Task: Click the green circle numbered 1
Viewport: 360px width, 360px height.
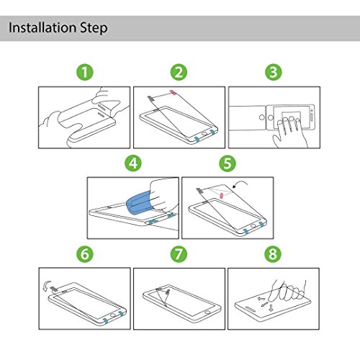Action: coord(85,72)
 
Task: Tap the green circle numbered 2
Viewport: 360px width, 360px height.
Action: coord(179,72)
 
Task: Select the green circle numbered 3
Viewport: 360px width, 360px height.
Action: coord(274,72)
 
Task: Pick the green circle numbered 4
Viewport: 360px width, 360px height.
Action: coord(133,163)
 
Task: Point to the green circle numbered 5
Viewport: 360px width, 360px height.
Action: coord(228,163)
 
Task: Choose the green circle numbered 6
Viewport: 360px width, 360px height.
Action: coord(85,254)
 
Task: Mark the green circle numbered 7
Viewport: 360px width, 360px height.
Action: coord(179,254)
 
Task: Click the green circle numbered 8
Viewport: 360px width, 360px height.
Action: coord(273,254)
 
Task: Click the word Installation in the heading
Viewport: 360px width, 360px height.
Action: coord(42,27)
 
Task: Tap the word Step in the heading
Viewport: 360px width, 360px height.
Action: coord(94,29)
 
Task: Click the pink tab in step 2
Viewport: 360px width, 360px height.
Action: coord(173,92)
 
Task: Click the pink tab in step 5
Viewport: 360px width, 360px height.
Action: coord(222,196)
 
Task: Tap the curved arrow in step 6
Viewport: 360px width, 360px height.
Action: coord(47,285)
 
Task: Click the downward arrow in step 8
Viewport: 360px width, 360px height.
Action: coord(271,307)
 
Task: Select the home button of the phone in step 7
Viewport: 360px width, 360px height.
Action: coord(207,312)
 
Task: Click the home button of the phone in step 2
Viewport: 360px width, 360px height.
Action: coord(204,134)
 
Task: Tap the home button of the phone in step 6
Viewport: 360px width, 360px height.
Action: coord(112,315)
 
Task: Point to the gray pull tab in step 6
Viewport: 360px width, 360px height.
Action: coord(54,288)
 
